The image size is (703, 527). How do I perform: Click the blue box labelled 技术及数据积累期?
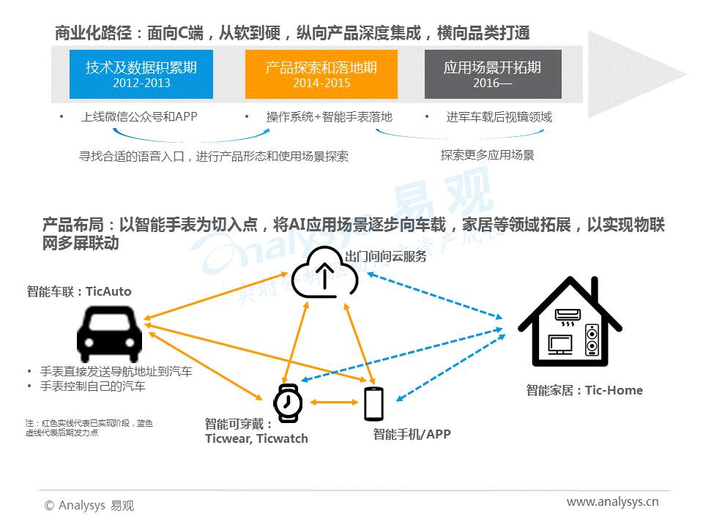click(x=141, y=74)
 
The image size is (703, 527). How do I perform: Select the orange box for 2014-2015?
click(x=321, y=74)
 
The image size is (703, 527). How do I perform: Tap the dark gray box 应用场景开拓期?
click(x=493, y=74)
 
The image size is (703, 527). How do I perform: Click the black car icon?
click(x=110, y=334)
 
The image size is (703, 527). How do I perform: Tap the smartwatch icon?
click(x=288, y=403)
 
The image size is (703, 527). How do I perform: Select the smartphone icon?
click(x=373, y=403)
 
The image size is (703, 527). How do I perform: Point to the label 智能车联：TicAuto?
click(x=79, y=291)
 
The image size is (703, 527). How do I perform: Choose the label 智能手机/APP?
click(x=412, y=434)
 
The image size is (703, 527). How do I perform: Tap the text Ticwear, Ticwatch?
click(x=256, y=438)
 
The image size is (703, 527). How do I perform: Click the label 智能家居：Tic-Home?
click(x=584, y=390)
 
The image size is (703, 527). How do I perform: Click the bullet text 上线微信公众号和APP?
click(x=139, y=117)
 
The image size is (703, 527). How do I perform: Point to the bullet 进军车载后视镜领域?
click(x=499, y=117)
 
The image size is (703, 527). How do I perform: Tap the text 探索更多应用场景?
click(x=487, y=155)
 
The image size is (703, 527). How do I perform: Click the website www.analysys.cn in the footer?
click(x=612, y=501)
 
